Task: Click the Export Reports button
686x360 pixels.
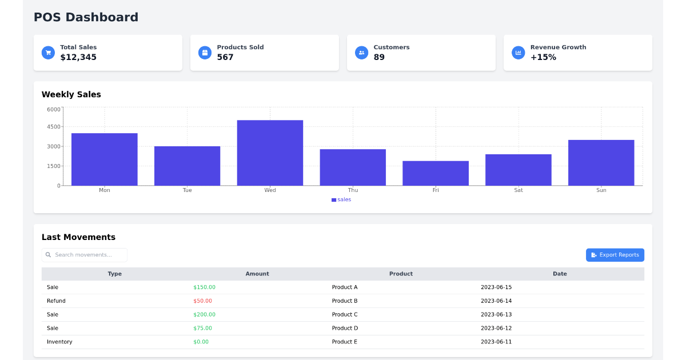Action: pos(615,255)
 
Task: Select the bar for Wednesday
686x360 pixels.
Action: pos(270,153)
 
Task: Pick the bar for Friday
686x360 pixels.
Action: pos(436,173)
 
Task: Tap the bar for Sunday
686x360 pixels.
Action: pos(601,162)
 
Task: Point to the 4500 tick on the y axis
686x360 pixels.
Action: pos(54,127)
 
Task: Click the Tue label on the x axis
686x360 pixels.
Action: pos(187,190)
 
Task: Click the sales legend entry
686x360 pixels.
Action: pos(341,199)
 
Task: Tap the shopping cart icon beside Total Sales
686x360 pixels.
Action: pos(49,53)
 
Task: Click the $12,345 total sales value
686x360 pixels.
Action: pos(78,57)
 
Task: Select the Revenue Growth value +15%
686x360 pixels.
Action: pos(543,57)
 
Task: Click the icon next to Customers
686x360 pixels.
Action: pos(362,53)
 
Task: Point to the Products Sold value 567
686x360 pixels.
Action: pos(225,57)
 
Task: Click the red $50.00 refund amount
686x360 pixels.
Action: pos(202,301)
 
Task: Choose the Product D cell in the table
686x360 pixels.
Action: pos(345,329)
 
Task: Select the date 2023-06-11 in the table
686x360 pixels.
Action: pos(496,342)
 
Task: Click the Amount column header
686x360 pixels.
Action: pos(257,274)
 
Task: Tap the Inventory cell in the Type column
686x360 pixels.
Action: pos(59,342)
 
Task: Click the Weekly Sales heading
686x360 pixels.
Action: pos(71,95)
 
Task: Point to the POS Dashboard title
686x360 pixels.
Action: pos(86,17)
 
